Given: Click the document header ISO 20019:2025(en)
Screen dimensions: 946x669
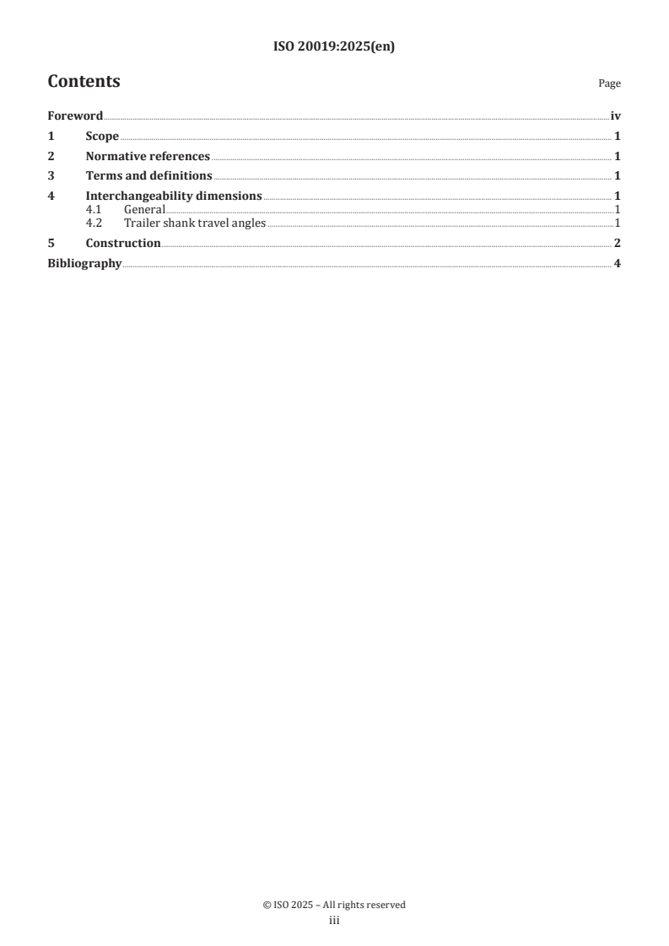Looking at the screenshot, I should [334, 47].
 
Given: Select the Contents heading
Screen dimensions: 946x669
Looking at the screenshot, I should [84, 82].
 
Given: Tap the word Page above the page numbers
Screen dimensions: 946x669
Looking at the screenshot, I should [609, 84].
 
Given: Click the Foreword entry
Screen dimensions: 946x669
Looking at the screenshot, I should [74, 116].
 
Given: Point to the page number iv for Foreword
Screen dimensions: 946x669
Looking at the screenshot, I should [616, 116].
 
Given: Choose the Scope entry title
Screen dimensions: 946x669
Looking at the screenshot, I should [102, 137].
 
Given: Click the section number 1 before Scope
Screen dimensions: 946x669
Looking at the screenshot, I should [51, 137].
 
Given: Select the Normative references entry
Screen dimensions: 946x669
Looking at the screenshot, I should [148, 156].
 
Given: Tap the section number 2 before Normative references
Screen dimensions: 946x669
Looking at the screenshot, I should [51, 156].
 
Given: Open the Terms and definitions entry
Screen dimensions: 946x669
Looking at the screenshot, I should [148, 176].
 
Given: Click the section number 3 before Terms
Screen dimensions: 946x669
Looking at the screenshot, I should [51, 176].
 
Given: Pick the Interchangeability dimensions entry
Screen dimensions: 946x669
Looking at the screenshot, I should [174, 196].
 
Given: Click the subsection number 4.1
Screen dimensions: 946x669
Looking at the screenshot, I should [94, 209].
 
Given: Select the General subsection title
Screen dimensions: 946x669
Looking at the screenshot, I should [143, 209].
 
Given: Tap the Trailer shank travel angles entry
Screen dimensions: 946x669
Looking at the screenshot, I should [194, 223].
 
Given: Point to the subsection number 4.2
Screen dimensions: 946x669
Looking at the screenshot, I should [94, 223].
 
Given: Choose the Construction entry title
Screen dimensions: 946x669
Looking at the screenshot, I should [123, 244].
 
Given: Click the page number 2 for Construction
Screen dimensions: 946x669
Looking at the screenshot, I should [618, 244].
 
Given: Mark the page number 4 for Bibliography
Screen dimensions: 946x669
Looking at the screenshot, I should [618, 264].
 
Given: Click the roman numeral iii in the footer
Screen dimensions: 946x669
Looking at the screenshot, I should [334, 921].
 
